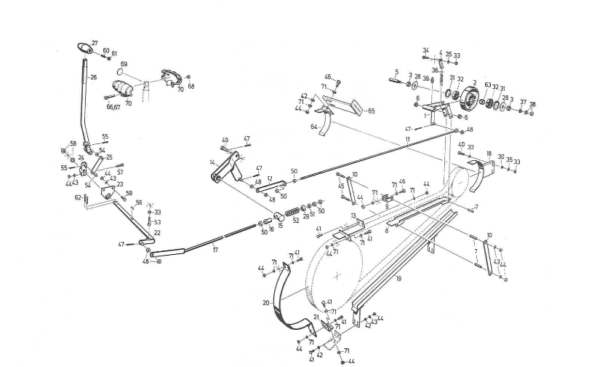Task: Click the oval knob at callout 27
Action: tap(87, 49)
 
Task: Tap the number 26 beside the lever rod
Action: tap(93, 76)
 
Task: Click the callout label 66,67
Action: tap(114, 107)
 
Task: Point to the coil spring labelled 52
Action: tap(291, 212)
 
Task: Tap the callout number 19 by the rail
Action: tap(398, 279)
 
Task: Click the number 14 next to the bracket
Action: tap(212, 162)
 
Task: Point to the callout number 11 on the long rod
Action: tap(408, 138)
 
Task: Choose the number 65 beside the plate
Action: tap(371, 111)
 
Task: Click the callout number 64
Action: tap(314, 127)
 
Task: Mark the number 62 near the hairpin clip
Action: tap(78, 197)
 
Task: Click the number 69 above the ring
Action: tap(124, 64)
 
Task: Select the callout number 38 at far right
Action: tap(532, 104)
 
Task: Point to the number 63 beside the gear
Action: tap(487, 85)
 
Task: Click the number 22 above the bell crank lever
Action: tap(157, 232)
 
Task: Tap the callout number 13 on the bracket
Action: tap(353, 216)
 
